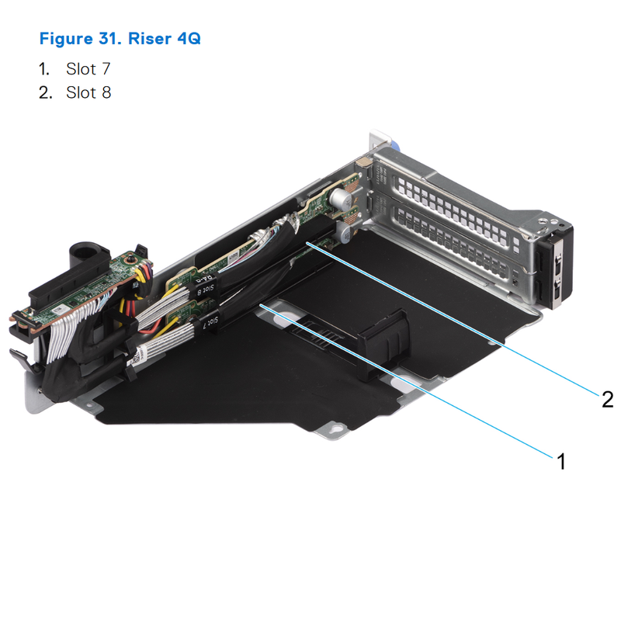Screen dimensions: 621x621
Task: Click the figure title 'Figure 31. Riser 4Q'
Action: point(120,38)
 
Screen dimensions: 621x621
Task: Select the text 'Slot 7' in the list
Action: point(88,69)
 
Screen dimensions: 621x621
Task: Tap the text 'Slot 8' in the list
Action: point(88,93)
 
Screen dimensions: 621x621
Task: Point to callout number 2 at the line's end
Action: point(607,399)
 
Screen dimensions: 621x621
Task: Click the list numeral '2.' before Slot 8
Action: point(46,93)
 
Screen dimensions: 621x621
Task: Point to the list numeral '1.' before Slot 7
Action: point(46,69)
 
